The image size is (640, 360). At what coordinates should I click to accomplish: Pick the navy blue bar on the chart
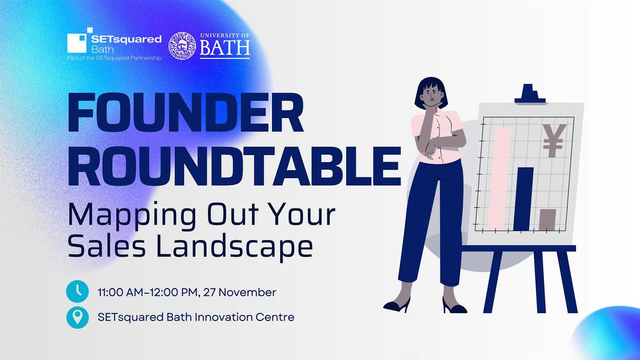(x=523, y=198)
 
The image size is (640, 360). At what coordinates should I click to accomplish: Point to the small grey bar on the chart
(x=547, y=219)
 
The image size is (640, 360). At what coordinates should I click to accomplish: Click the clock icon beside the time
(x=77, y=291)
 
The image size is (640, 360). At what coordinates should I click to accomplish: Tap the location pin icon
(x=77, y=317)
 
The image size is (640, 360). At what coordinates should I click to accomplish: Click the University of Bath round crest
(x=182, y=46)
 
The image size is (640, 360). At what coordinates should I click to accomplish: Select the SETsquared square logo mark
(x=78, y=40)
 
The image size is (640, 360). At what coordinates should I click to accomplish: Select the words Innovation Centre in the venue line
(x=249, y=317)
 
